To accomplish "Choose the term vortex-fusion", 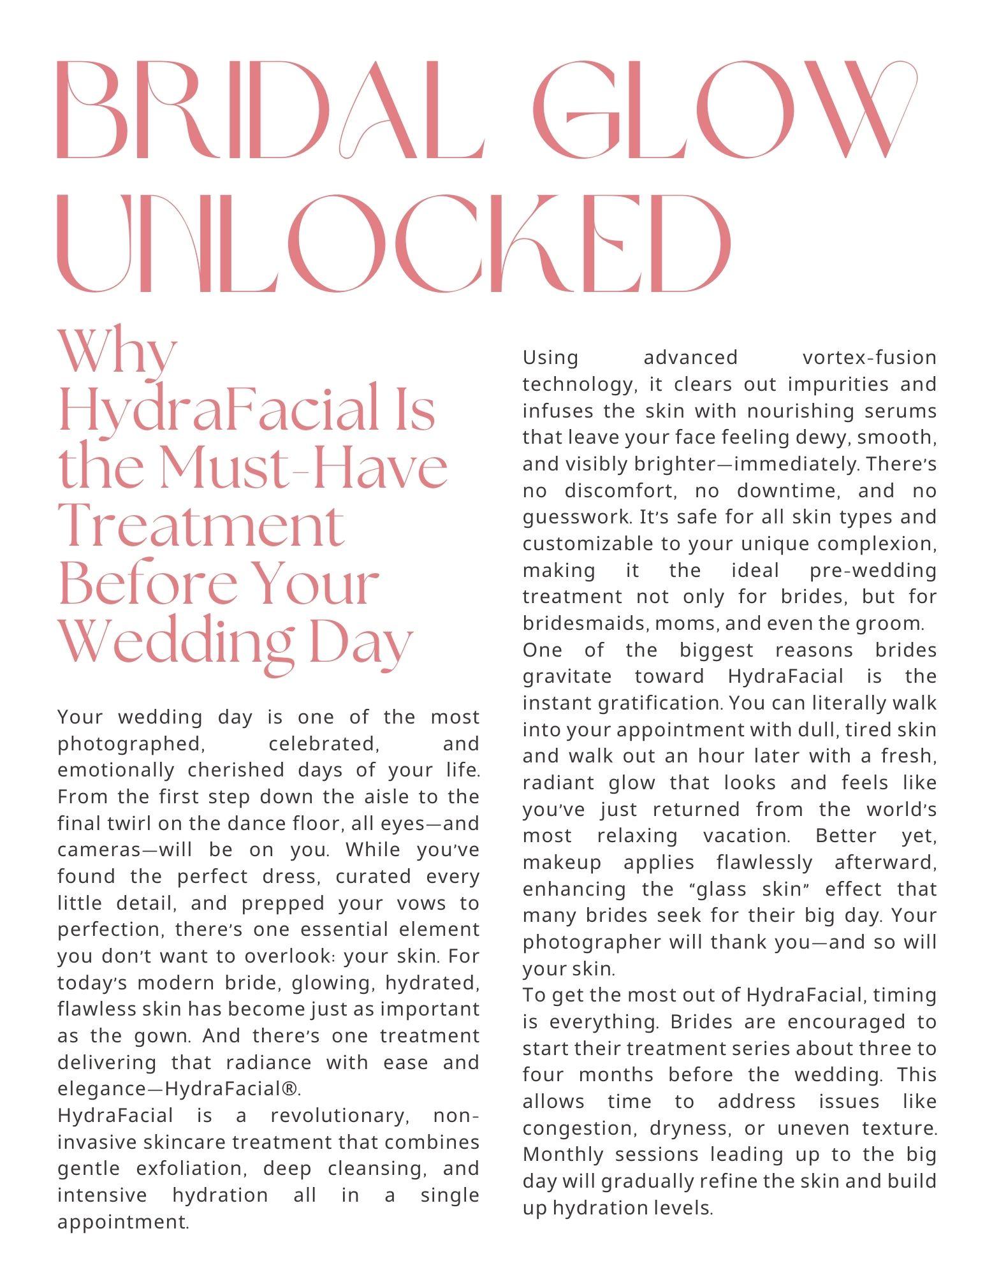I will pyautogui.click(x=869, y=358).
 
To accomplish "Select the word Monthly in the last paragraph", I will pyautogui.click(x=564, y=1155).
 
